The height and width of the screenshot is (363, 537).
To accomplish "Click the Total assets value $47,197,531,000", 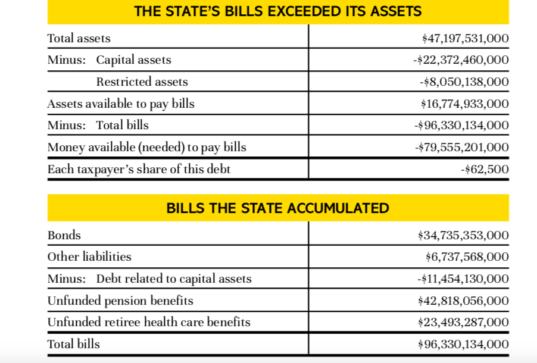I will pos(465,38).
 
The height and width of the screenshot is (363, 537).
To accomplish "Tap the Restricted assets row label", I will pos(142,82).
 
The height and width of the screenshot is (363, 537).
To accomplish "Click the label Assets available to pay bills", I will pos(121,104).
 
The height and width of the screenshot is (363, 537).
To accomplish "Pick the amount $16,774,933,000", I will pos(465,104).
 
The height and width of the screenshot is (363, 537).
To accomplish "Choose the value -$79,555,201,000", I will pos(461,147).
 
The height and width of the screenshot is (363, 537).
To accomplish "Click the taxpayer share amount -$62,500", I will pos(485,169).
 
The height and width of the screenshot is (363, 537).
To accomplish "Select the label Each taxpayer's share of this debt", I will pos(139,169).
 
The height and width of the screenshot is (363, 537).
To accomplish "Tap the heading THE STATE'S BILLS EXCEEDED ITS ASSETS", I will pos(278,11).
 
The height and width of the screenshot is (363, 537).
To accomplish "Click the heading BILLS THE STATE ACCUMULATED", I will pos(278,208).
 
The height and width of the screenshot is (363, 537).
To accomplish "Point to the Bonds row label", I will pos(64,235).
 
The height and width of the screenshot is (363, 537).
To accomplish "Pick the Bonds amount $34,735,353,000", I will pos(464,235).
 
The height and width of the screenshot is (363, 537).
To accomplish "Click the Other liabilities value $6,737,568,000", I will pos(467,256).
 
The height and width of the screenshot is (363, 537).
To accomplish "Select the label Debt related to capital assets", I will pos(174,278).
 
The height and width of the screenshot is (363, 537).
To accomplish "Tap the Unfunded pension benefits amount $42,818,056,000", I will pos(464,301).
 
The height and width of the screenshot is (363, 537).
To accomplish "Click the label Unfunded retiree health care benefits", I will pos(149,322).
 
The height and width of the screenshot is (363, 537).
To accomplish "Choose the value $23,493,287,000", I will pos(464,322).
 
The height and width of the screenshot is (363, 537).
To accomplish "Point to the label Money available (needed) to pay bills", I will pos(146,147).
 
